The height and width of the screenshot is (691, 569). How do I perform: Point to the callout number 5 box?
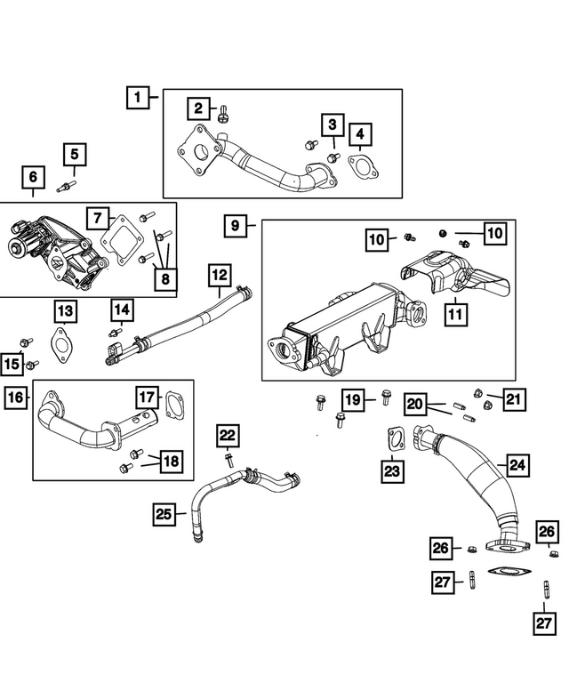click(x=75, y=154)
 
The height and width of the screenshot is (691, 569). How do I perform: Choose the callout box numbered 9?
click(x=235, y=226)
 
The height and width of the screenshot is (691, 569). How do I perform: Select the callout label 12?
click(x=219, y=276)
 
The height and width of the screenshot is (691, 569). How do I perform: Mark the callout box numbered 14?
click(x=122, y=310)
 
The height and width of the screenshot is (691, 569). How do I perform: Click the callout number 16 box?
click(x=15, y=398)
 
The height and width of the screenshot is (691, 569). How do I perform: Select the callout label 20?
click(x=415, y=403)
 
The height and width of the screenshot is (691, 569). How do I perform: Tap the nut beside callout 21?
click(x=477, y=393)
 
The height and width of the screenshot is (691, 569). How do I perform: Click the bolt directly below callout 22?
click(x=228, y=460)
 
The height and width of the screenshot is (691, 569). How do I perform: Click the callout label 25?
click(x=164, y=513)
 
